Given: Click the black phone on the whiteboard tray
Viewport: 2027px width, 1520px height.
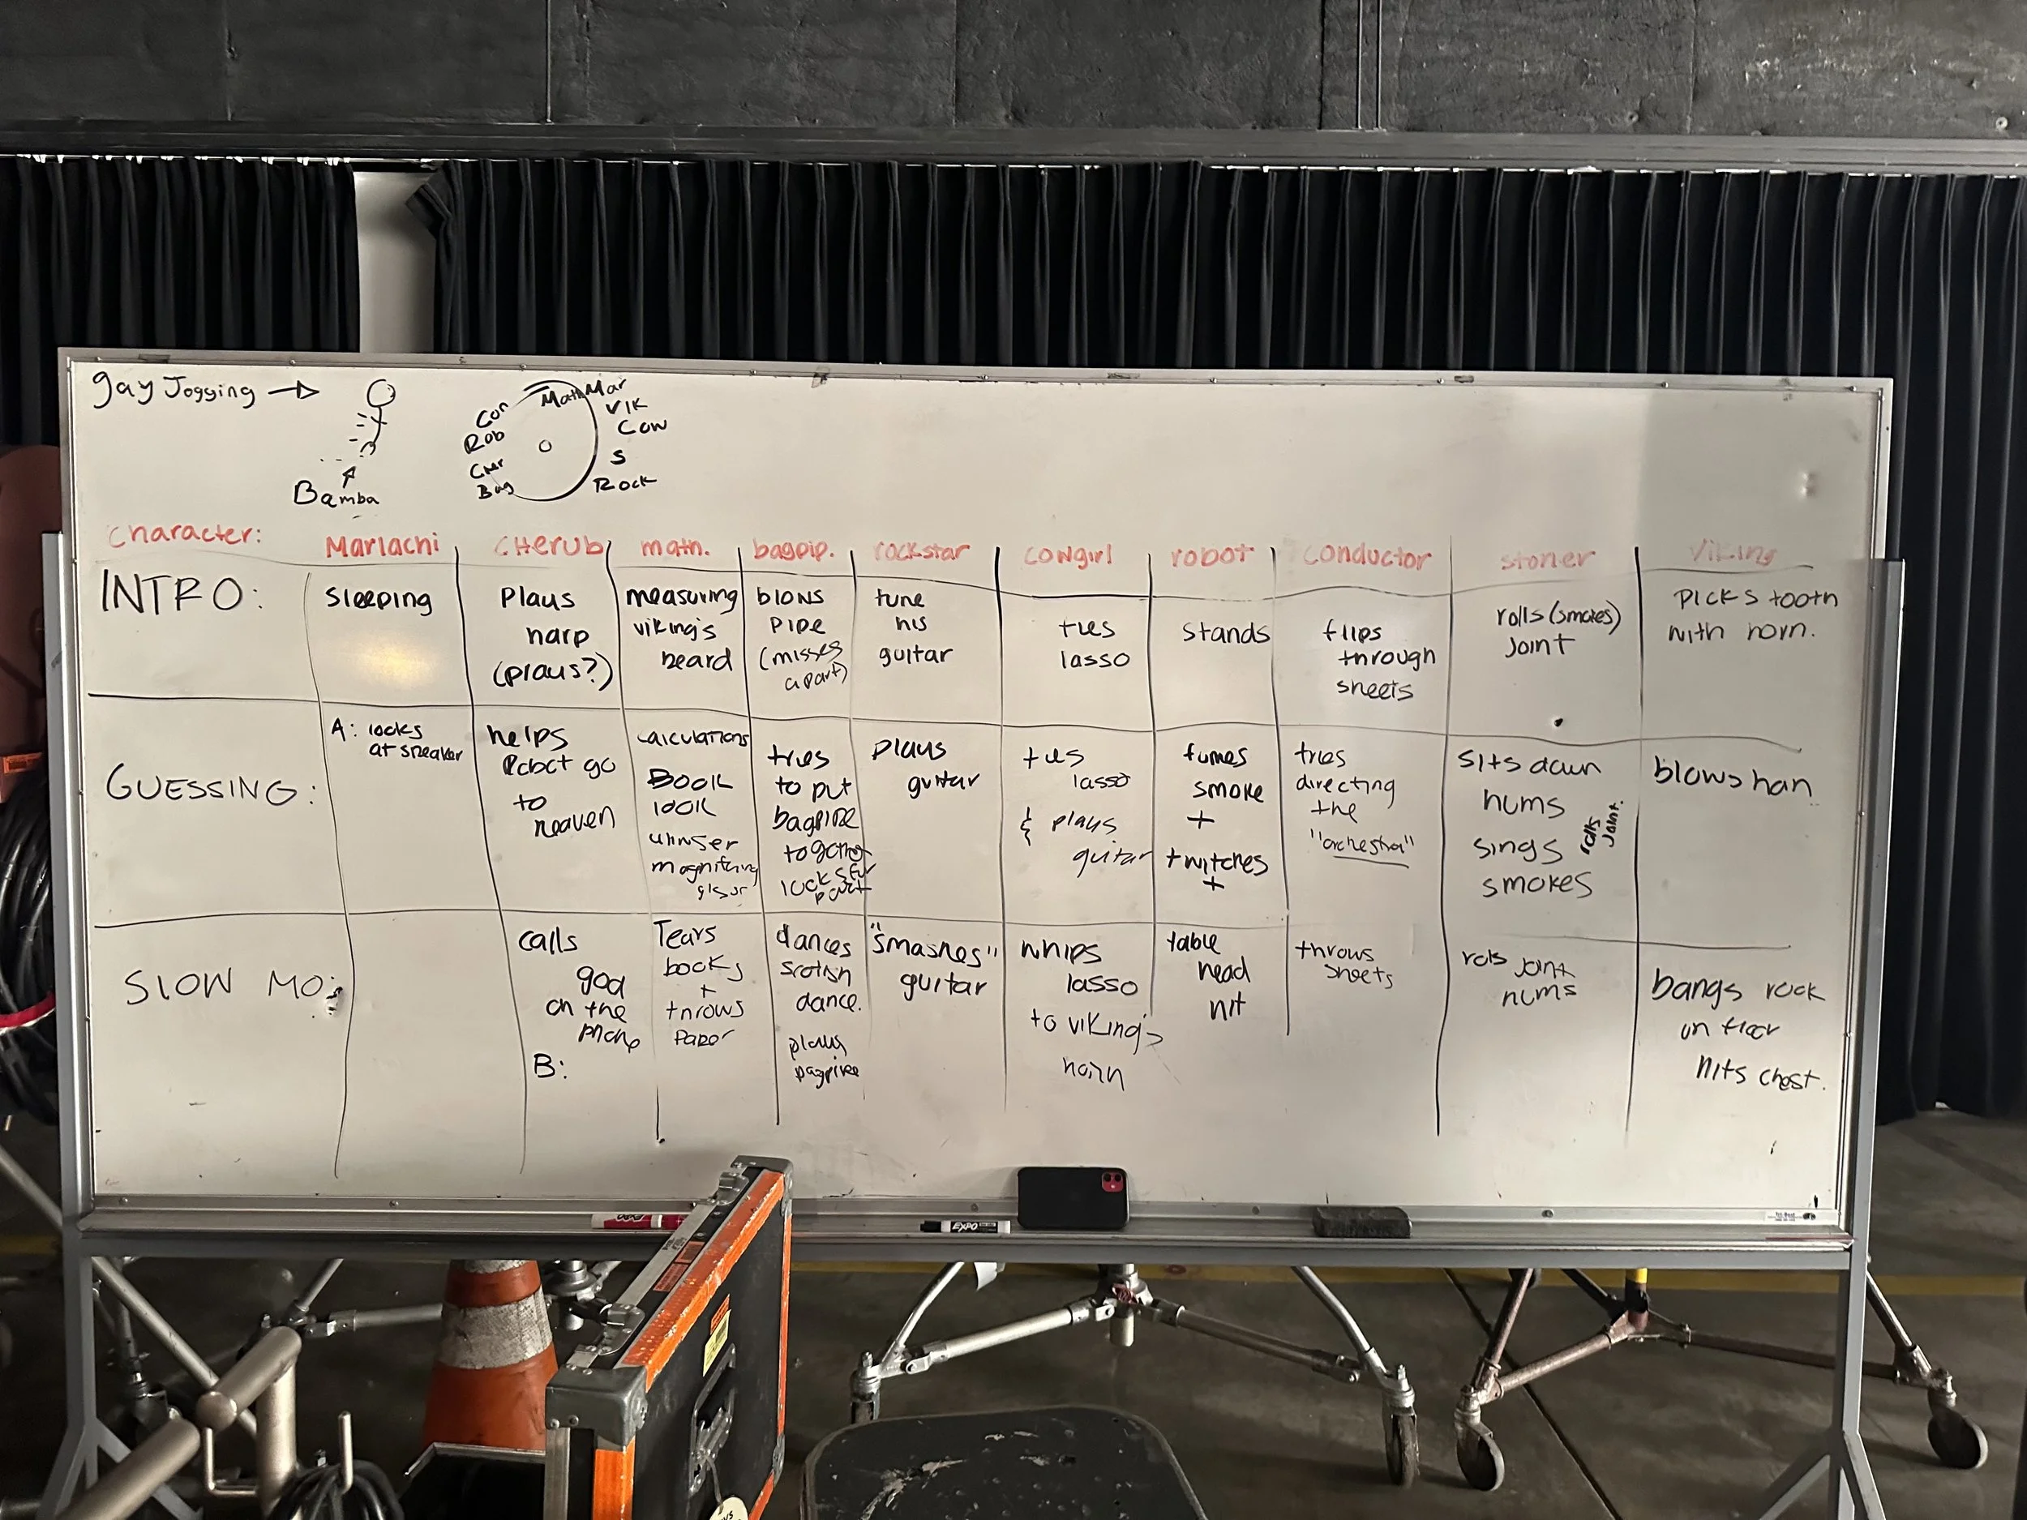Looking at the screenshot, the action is pyautogui.click(x=1071, y=1197).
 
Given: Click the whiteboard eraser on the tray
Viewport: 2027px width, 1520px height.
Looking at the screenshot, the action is pyautogui.click(x=1360, y=1222).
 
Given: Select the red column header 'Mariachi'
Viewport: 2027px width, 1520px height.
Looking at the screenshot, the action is pyautogui.click(x=381, y=547).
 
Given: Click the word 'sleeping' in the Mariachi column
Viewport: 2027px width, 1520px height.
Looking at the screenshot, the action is pyautogui.click(x=378, y=598).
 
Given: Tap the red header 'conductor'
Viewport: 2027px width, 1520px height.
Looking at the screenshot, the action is pyautogui.click(x=1365, y=556).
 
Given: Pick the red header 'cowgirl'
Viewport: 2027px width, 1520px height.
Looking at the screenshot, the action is pyautogui.click(x=1069, y=555).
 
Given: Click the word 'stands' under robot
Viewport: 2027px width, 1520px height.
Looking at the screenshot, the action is pyautogui.click(x=1224, y=633).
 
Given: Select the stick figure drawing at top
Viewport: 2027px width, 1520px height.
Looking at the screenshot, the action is pyautogui.click(x=374, y=417).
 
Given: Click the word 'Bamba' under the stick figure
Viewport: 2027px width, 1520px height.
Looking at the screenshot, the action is pyautogui.click(x=335, y=495).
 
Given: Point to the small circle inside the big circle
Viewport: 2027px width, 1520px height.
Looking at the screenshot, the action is pyautogui.click(x=545, y=446).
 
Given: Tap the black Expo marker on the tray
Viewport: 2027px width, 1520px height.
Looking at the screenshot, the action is pyautogui.click(x=965, y=1226).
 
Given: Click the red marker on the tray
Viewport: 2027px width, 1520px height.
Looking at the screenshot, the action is pyautogui.click(x=636, y=1220).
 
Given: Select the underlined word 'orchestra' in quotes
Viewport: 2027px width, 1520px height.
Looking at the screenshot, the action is pyautogui.click(x=1364, y=845).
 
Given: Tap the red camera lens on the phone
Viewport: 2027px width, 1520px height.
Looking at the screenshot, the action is pyautogui.click(x=1111, y=1182).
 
